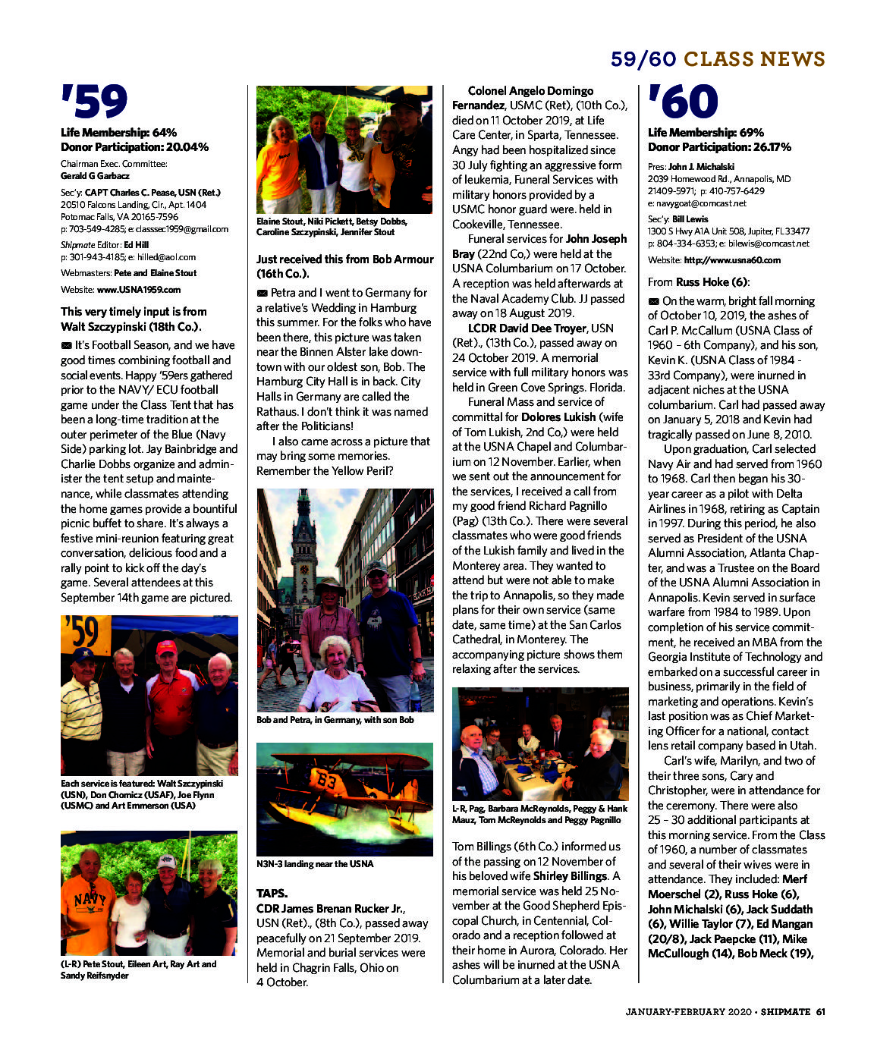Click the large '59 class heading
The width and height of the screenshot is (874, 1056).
94,102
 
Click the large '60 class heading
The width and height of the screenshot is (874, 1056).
682,102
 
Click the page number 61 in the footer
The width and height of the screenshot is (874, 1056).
821,1011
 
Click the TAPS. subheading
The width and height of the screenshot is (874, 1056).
272,893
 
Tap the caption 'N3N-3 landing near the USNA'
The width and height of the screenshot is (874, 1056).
315,864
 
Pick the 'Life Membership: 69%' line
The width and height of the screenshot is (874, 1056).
706,133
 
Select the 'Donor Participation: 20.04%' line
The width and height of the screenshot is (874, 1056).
134,147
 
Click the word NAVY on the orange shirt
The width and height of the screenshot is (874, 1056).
90,900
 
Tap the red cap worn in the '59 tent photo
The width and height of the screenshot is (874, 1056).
165,647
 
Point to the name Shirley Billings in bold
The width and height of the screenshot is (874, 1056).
571,876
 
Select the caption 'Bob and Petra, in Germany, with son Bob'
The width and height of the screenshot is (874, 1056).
335,720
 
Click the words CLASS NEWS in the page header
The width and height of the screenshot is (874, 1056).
754,60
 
